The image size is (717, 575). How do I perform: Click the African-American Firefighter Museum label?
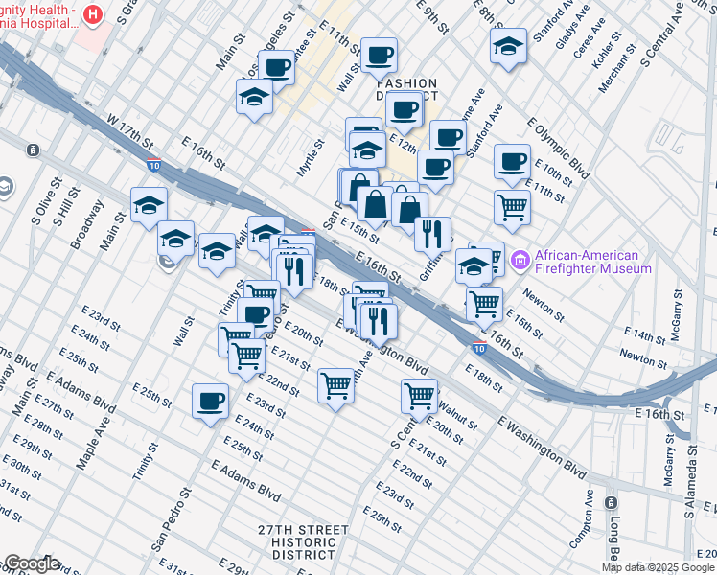point(588,262)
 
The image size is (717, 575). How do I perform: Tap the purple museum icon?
point(521,260)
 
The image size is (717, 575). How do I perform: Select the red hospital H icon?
point(93,14)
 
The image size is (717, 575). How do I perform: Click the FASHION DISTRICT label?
point(405,90)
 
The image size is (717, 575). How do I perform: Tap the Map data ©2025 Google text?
point(658,567)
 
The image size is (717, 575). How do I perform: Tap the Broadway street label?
point(92,222)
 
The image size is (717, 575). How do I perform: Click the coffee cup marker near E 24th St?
point(211,402)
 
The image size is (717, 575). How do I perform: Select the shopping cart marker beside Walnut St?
point(420,393)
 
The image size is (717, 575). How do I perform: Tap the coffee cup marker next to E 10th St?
point(513,161)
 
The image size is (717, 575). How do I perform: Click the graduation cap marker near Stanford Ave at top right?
point(508,45)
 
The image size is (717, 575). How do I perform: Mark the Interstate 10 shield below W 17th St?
point(153,164)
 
